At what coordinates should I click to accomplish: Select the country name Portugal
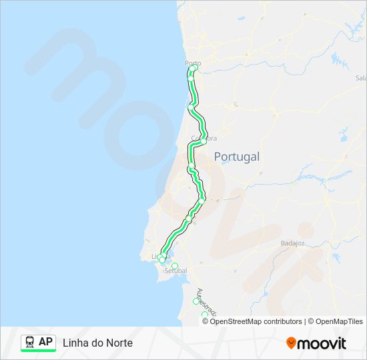point(236,157)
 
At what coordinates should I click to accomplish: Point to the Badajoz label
point(292,243)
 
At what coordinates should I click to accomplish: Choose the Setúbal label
point(177,271)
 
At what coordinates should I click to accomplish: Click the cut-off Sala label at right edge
point(361,78)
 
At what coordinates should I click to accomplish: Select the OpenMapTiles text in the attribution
point(340,321)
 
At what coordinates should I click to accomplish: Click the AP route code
point(45,342)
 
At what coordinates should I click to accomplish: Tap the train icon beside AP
point(30,342)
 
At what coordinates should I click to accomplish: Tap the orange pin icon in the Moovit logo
point(291,343)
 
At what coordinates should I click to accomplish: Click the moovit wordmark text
point(322,343)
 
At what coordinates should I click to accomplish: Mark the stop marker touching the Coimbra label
point(203,140)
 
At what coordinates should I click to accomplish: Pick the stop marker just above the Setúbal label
point(175,266)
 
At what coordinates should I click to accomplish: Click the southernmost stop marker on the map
point(205,315)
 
